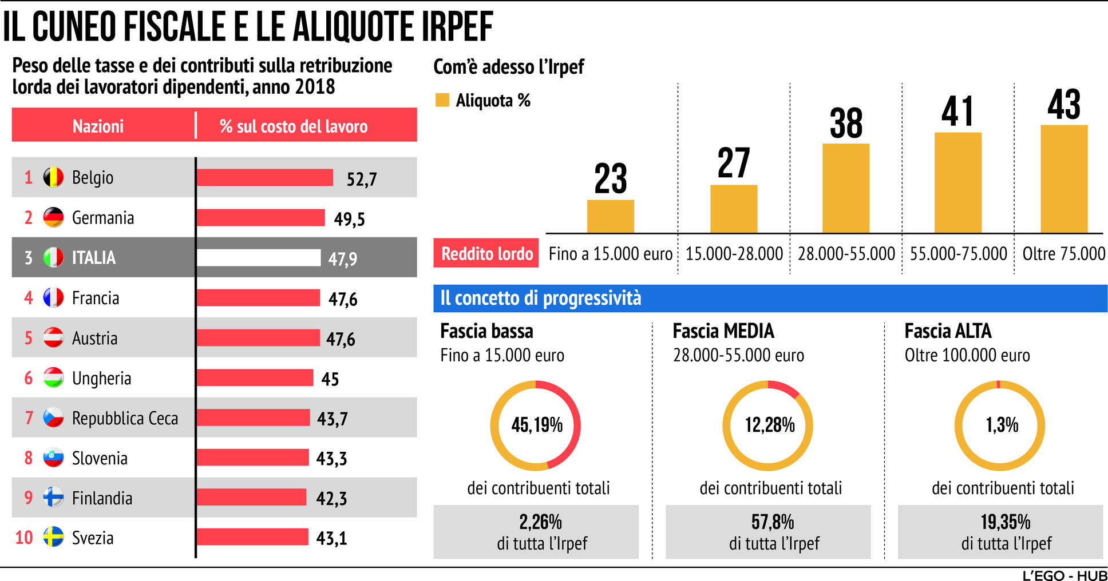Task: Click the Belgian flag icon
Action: click(x=53, y=177)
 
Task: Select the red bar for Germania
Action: click(x=260, y=218)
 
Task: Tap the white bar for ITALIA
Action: click(x=258, y=258)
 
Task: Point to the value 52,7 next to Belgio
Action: click(x=362, y=180)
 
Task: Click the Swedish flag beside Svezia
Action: click(x=53, y=537)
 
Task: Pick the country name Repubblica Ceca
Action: click(x=125, y=419)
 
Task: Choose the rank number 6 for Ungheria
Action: click(x=29, y=378)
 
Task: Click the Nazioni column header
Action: click(x=98, y=126)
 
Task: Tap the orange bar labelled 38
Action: click(x=845, y=188)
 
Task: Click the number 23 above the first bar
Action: click(x=610, y=179)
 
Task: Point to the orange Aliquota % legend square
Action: click(x=442, y=100)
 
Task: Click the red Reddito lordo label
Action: click(x=486, y=253)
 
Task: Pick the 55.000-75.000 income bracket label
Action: click(x=958, y=253)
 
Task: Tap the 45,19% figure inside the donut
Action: click(x=537, y=425)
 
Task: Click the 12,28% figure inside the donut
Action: click(x=769, y=425)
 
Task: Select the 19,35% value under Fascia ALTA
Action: click(x=1005, y=522)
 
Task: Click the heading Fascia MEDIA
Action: click(x=723, y=331)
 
